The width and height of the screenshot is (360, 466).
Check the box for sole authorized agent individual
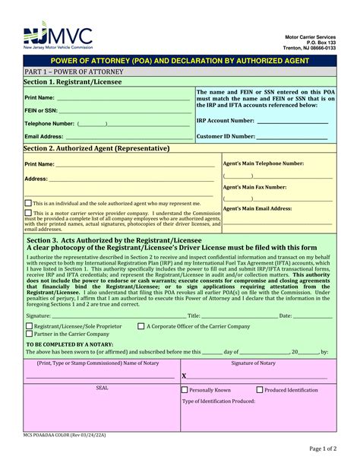[x=28, y=203]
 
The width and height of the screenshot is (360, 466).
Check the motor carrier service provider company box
[x=28, y=213]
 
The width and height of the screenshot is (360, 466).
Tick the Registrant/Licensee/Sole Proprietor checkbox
[x=28, y=325]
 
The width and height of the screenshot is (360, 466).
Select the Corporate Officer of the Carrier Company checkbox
[x=141, y=325]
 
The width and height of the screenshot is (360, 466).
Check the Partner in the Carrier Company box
[x=28, y=334]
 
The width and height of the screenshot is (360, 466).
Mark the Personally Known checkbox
[x=185, y=390]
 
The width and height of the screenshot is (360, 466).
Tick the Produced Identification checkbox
[x=260, y=390]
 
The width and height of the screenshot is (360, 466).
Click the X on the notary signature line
[x=185, y=376]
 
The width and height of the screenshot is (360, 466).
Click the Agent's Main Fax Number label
[x=254, y=186]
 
